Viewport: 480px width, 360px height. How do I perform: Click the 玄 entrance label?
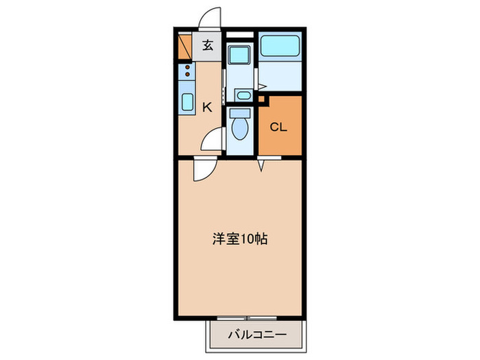(x=208, y=47)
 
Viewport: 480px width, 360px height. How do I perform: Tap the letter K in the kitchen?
(x=207, y=107)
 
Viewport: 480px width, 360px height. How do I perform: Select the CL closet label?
(x=278, y=127)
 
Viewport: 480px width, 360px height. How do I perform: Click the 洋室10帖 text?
(x=239, y=239)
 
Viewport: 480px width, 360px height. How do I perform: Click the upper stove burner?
(x=187, y=67)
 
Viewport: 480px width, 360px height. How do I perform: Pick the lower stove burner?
(x=187, y=74)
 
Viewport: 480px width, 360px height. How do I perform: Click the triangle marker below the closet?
(x=261, y=165)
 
